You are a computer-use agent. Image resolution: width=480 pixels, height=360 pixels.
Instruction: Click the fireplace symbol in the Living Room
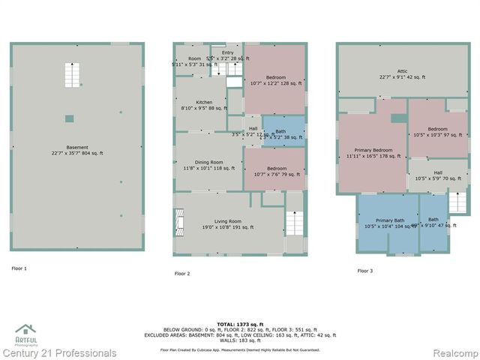click(x=178, y=223)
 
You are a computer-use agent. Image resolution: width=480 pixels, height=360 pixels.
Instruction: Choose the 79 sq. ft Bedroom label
click(x=274, y=172)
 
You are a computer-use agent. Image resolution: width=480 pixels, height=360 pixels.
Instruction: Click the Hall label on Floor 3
click(x=437, y=175)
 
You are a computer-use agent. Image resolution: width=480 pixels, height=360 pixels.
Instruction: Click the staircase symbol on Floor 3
click(x=456, y=201)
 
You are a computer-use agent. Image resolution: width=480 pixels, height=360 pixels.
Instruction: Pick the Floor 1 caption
click(x=20, y=268)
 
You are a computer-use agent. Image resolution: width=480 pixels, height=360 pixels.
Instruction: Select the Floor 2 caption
click(x=183, y=274)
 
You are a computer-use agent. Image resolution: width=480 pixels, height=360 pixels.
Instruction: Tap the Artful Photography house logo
click(x=26, y=330)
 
